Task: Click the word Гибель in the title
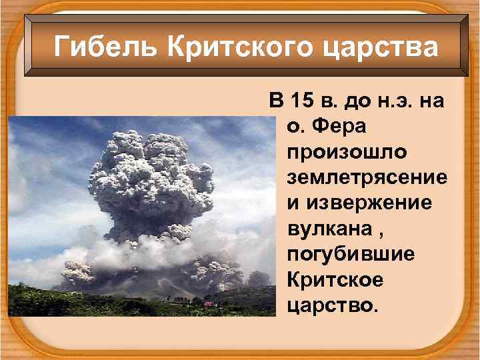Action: (x=106, y=47)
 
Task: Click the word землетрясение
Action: (x=367, y=177)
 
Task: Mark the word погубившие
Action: (x=351, y=253)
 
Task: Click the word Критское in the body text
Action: (x=335, y=279)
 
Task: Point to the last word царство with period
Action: (x=332, y=304)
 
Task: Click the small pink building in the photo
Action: (x=208, y=303)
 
